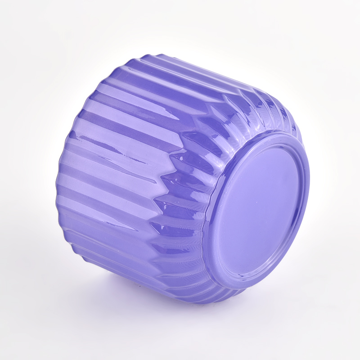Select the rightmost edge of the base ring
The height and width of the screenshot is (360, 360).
(x=310, y=189)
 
